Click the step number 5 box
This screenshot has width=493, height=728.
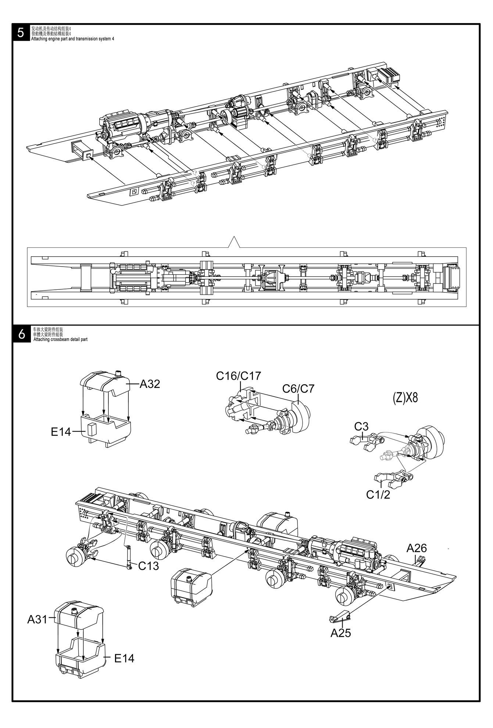tap(21, 33)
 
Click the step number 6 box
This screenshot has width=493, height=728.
tap(21, 335)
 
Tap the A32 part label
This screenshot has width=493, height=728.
tap(150, 384)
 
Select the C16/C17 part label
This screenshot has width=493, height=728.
tap(239, 376)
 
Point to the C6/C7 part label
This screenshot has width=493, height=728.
tap(299, 389)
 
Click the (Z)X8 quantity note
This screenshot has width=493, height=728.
tap(406, 398)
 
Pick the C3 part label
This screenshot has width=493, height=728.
tap(361, 427)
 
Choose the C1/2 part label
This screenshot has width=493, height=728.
tap(378, 495)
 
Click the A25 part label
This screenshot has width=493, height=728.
tap(341, 623)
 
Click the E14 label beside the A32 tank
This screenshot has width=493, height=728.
tap(61, 432)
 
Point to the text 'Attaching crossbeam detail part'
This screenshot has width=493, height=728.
tap(60, 340)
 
